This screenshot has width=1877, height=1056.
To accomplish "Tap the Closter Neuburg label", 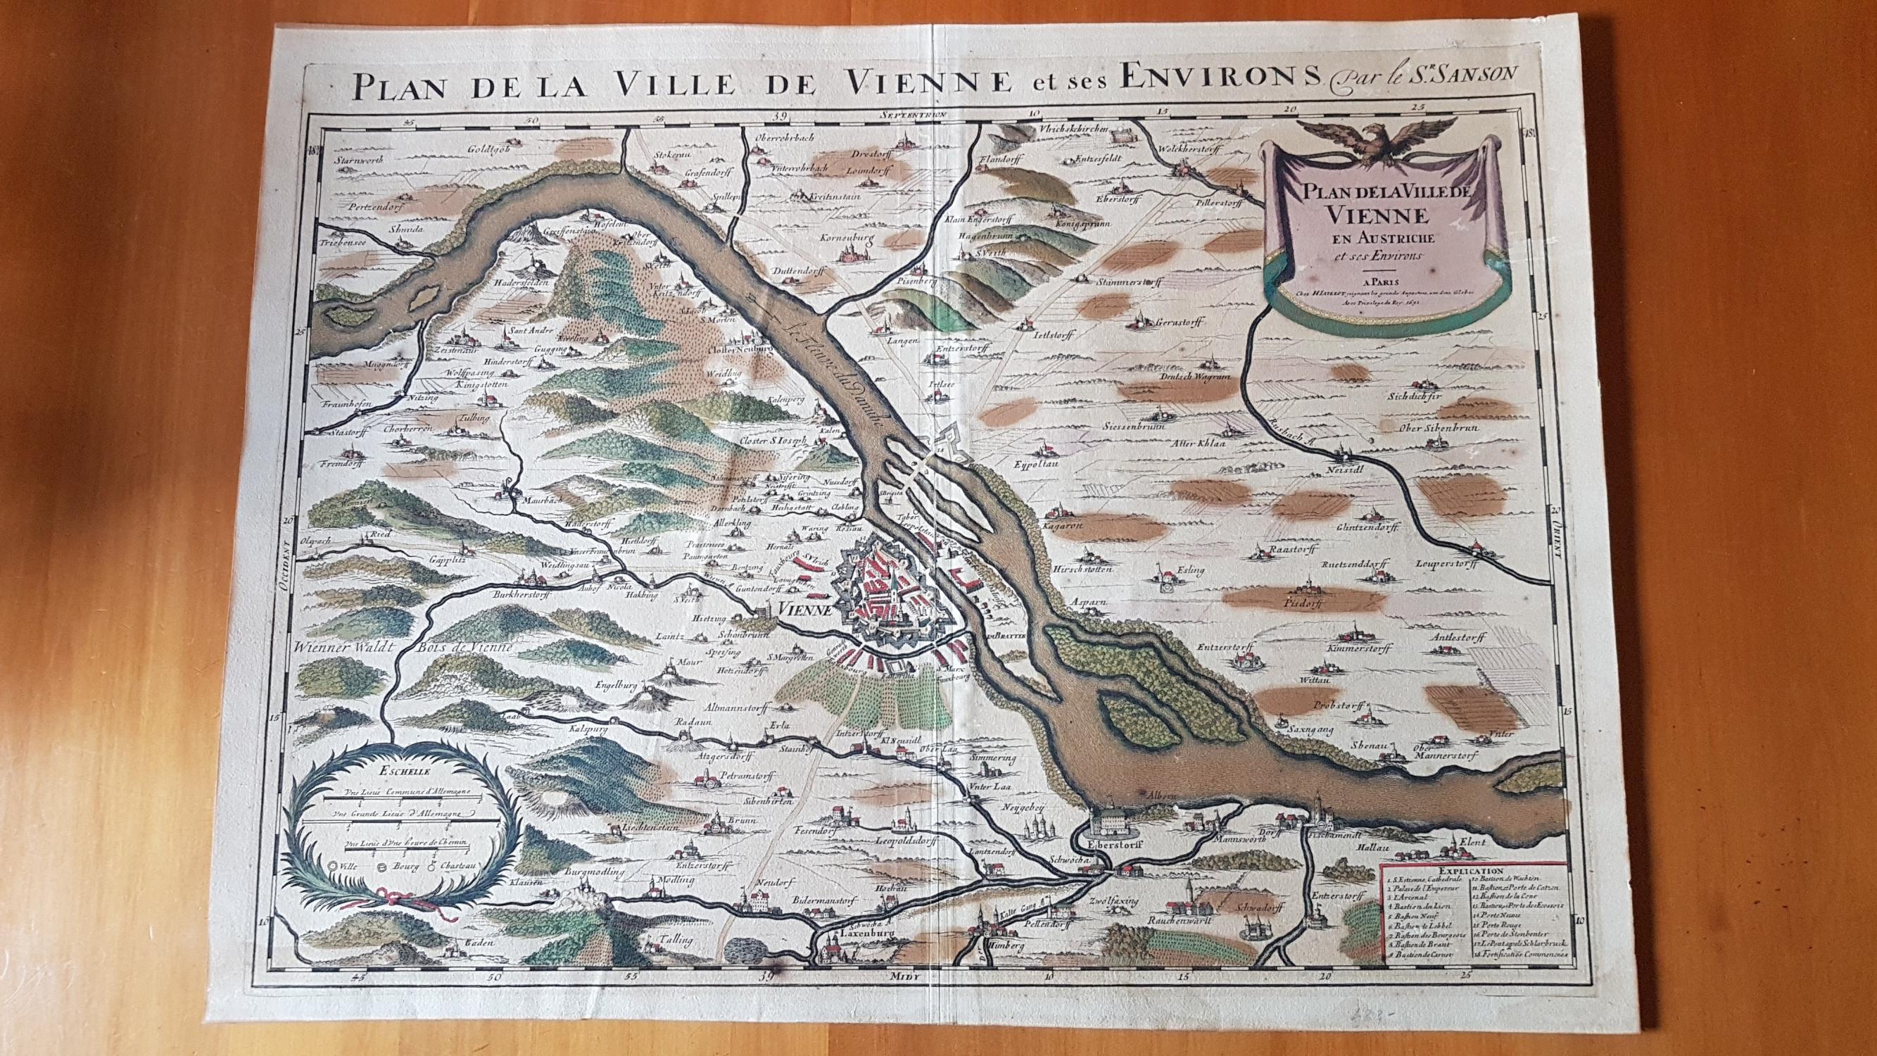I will click(x=738, y=349).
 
